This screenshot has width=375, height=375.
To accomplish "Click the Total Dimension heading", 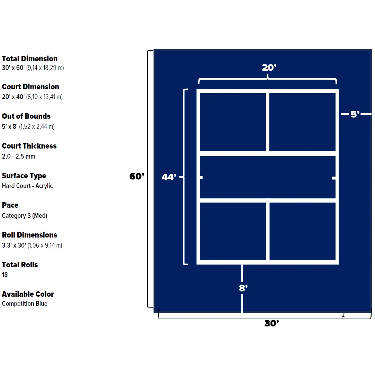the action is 30,59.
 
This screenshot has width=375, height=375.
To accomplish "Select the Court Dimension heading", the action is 30,87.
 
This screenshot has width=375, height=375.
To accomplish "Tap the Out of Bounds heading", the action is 26,116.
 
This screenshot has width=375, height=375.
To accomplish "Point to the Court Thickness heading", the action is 29,146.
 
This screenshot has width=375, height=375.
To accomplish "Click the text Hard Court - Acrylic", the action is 27,186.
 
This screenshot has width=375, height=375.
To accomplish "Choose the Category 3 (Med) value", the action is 24,215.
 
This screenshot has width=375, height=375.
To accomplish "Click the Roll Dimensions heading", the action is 29,235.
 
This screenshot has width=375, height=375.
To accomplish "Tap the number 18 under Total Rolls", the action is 5,275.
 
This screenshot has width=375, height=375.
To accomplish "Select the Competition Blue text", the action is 25,303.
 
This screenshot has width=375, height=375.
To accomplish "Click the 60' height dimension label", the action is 137,176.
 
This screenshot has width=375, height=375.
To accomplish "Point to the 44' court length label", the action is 169,177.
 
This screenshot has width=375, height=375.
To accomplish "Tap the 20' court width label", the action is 269,68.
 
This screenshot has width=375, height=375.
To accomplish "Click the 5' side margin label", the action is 355,114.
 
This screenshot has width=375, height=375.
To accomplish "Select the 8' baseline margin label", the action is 243,288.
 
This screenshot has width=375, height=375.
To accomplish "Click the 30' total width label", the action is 272,323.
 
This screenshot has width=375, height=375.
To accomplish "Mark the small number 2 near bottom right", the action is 343,315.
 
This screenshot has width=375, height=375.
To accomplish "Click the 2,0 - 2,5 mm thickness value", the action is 19,157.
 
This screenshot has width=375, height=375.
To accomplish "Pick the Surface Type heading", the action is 24,176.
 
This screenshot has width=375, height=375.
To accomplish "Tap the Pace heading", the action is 10,205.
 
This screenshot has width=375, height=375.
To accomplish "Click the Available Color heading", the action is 28,294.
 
